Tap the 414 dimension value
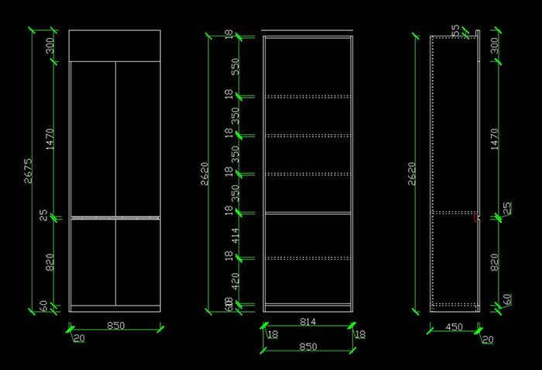(x=235, y=233)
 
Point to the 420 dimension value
(x=235, y=280)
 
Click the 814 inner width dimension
(x=308, y=320)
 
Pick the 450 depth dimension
(x=454, y=327)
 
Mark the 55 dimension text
(x=455, y=29)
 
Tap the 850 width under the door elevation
(x=115, y=325)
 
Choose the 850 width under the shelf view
(x=308, y=347)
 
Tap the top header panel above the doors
(x=115, y=45)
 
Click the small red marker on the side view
(x=476, y=218)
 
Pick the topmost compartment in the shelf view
(x=308, y=66)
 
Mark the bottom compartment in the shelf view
(x=308, y=279)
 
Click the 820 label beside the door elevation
(x=50, y=262)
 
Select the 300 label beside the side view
(x=496, y=48)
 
